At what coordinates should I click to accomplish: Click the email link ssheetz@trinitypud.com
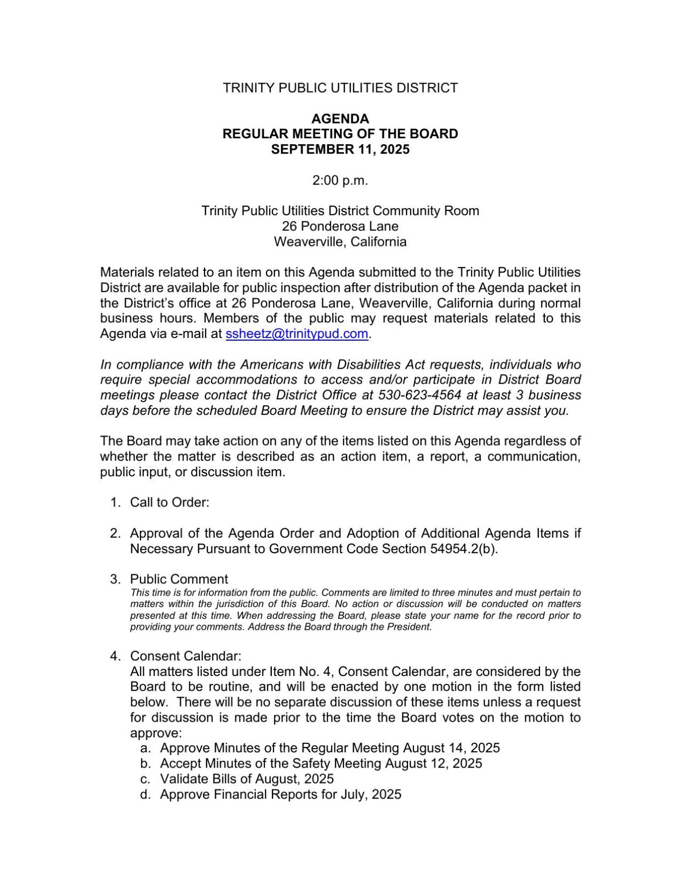click(297, 334)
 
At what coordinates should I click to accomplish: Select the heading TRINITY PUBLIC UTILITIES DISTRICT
click(340, 88)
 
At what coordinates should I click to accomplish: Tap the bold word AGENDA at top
click(340, 118)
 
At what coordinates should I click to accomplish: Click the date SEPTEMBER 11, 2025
click(340, 149)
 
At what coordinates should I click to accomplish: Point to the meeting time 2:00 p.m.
click(340, 180)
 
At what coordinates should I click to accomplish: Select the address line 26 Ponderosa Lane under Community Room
click(340, 226)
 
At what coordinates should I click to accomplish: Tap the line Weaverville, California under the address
click(340, 242)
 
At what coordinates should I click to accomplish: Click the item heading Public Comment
click(179, 579)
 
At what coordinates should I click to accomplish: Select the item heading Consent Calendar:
click(186, 656)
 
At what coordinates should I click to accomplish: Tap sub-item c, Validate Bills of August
click(247, 779)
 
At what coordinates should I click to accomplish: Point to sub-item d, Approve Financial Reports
click(280, 795)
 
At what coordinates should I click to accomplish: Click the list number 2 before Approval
click(115, 533)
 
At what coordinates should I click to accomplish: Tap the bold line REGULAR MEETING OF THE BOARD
click(340, 134)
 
